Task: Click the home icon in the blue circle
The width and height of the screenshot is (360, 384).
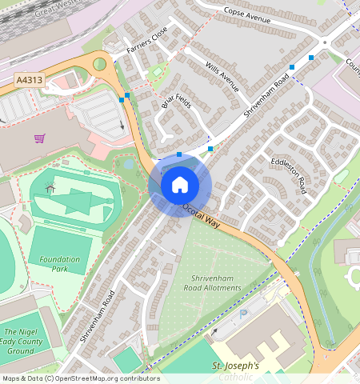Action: pyautogui.click(x=180, y=186)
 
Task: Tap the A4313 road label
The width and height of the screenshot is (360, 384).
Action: pyautogui.click(x=29, y=81)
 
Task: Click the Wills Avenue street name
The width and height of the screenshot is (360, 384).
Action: pyautogui.click(x=222, y=77)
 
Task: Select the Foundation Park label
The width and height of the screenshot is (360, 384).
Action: pyautogui.click(x=60, y=264)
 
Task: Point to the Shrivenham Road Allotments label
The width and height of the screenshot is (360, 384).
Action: pyautogui.click(x=212, y=282)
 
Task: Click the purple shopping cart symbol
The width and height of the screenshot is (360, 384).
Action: pyautogui.click(x=39, y=138)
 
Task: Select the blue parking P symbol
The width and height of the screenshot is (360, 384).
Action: pyautogui.click(x=244, y=316)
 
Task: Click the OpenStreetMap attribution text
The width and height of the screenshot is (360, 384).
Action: pyautogui.click(x=80, y=378)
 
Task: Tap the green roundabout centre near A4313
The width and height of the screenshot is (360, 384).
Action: pyautogui.click(x=100, y=63)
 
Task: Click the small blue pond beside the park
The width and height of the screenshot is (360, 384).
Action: pyautogui.click(x=128, y=164)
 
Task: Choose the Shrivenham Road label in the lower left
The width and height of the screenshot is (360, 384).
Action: pyautogui.click(x=98, y=316)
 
